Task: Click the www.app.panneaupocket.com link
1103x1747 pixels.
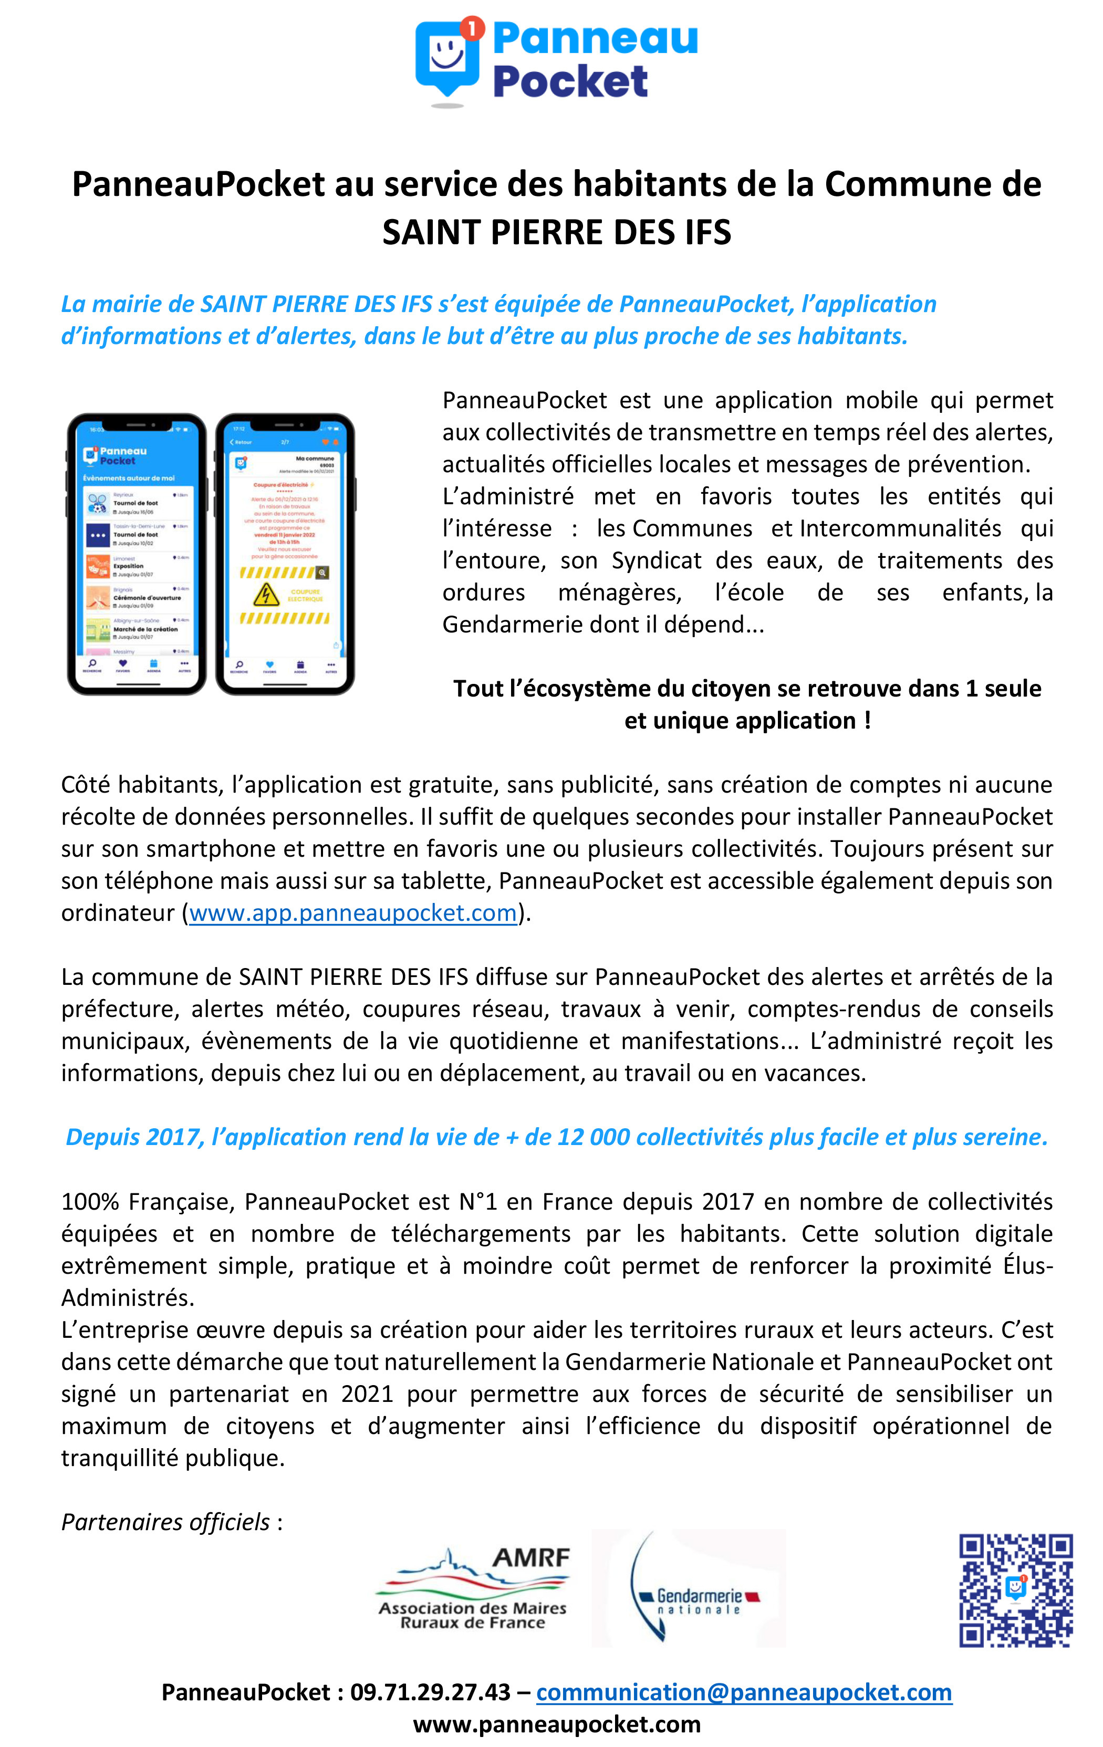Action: [352, 913]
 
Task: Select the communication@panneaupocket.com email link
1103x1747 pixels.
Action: [743, 1692]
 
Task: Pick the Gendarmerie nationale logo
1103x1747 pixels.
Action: [689, 1588]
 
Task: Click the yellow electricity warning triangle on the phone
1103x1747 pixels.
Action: [266, 594]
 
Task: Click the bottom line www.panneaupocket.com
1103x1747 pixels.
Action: [557, 1724]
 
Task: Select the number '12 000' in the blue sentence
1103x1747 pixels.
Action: [593, 1137]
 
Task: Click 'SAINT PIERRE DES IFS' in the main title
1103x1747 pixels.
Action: [557, 232]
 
